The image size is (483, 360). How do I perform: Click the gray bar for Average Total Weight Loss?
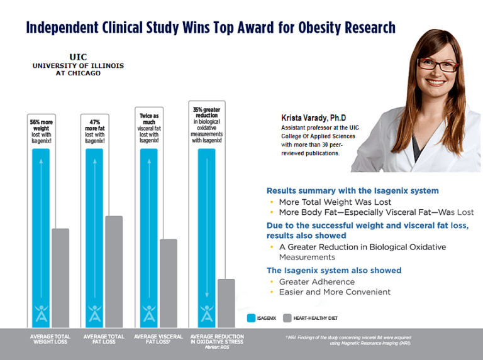click(x=60, y=278)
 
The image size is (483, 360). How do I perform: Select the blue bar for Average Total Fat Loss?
click(x=94, y=239)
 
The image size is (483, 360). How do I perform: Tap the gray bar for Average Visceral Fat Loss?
click(x=169, y=283)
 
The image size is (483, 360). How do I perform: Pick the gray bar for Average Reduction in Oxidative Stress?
click(x=226, y=303)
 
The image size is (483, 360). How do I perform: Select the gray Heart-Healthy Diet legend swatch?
click(x=289, y=318)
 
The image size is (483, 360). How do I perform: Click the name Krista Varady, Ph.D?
click(x=313, y=117)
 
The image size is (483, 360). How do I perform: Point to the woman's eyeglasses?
click(x=433, y=63)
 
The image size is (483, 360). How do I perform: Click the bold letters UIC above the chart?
click(x=79, y=57)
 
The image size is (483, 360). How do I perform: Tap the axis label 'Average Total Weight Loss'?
click(x=51, y=340)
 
